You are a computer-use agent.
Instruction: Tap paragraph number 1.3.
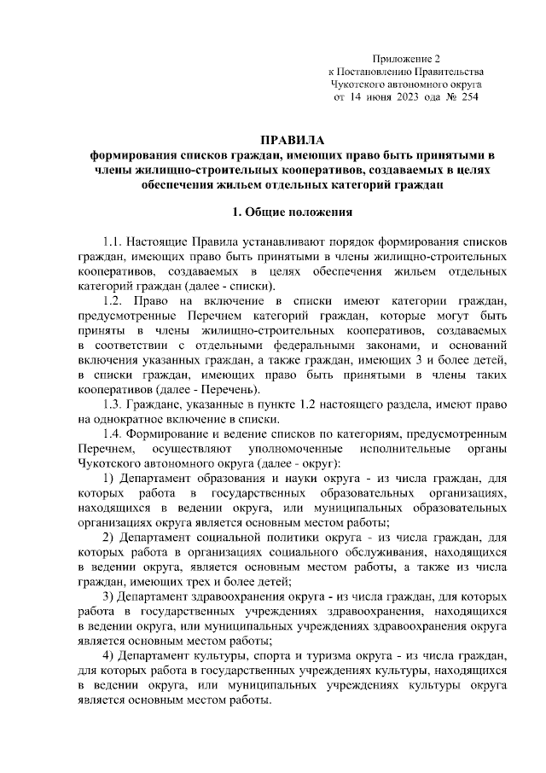click(113, 403)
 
